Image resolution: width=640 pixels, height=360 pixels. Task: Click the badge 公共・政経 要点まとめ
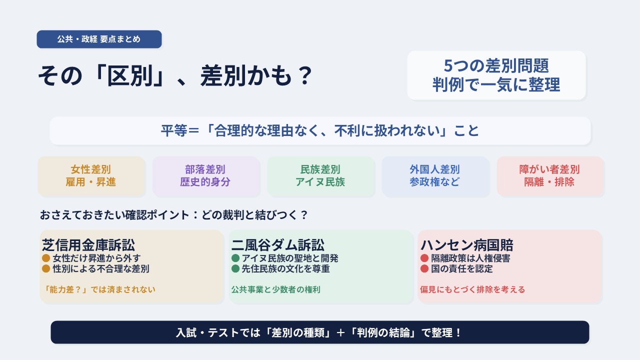coord(99,39)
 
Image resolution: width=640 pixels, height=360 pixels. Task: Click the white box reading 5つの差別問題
coord(496,75)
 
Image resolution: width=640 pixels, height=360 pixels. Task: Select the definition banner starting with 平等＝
coord(320,130)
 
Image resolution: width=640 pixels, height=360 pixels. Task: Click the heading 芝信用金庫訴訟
coord(88,245)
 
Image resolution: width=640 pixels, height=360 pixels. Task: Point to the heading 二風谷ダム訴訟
coord(277,245)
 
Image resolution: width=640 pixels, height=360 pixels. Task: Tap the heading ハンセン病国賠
coord(467,245)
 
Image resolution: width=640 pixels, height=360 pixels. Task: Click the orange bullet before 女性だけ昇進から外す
coord(46,258)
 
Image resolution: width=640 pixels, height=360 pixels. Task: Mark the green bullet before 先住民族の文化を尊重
coord(235,268)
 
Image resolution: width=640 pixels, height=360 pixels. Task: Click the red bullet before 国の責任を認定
coord(424,268)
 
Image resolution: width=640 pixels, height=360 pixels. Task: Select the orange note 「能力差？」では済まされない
coord(99,289)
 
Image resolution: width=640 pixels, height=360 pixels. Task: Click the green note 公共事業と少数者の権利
coord(275,289)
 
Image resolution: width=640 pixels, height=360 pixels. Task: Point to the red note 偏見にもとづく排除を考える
coord(472,289)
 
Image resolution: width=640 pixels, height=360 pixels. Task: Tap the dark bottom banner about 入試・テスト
coord(320,332)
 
